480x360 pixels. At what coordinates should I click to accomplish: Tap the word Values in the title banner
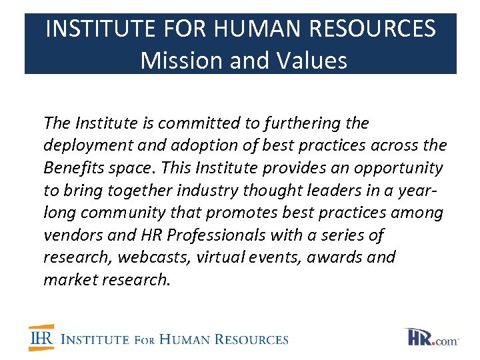tap(309, 61)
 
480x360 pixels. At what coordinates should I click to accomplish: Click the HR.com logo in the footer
tap(433, 337)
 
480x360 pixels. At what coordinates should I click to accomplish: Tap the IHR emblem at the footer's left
tap(41, 338)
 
